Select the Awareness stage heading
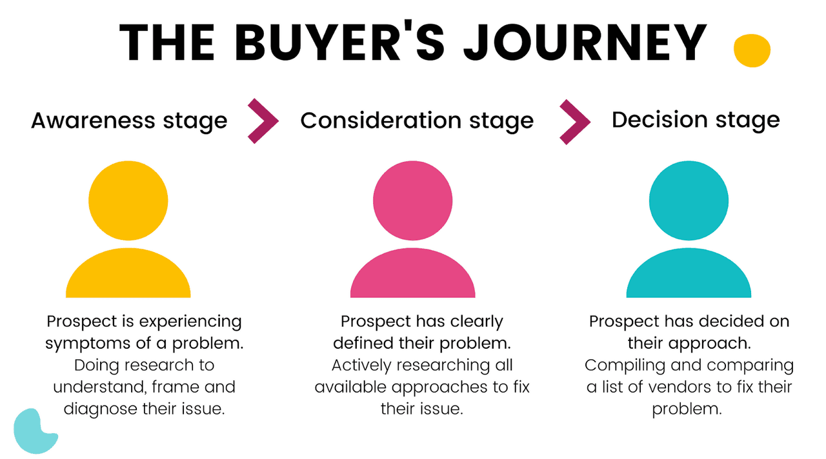(129, 121)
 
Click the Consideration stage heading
(417, 121)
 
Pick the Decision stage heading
(696, 120)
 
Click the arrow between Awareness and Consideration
(263, 120)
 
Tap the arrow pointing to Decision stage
(574, 121)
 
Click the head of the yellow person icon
(128, 200)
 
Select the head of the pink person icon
(413, 200)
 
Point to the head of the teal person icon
(689, 200)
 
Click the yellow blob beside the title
(752, 50)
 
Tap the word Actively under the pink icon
(361, 366)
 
